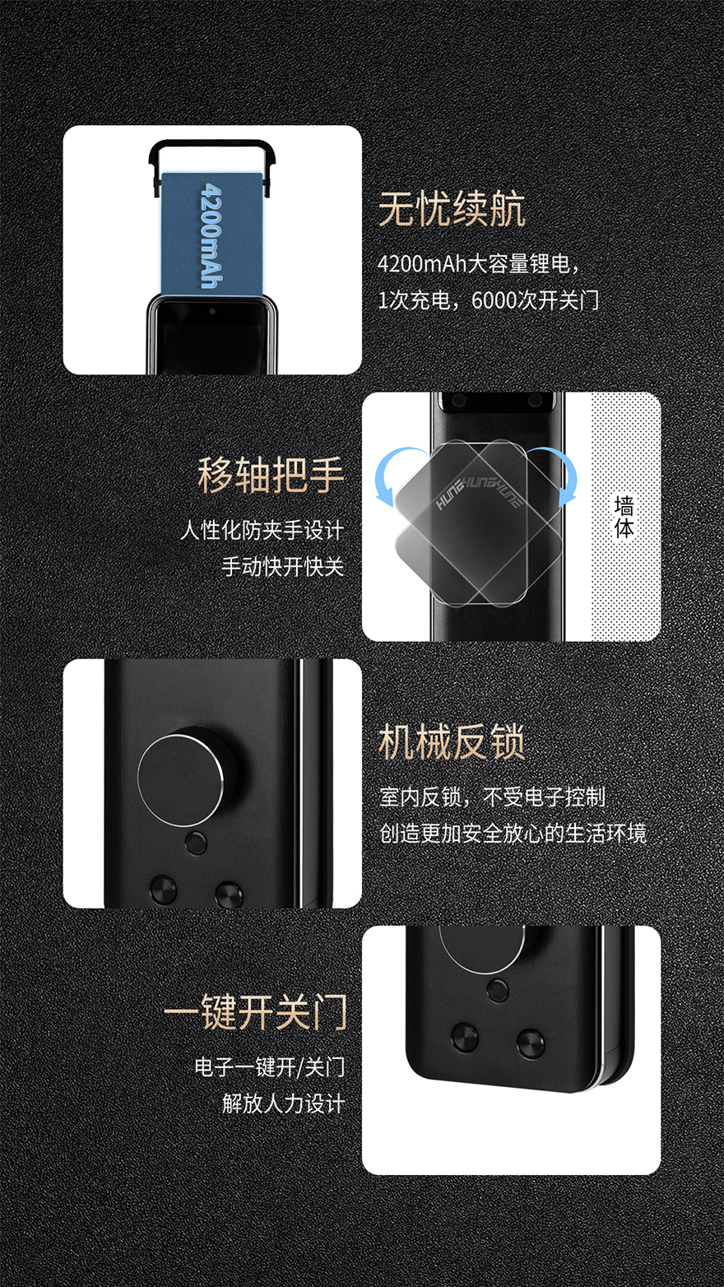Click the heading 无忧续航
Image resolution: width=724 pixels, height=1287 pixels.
click(x=452, y=209)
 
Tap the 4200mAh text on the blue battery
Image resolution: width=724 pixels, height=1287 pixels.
click(x=211, y=235)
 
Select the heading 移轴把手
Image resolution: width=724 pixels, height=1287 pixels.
click(x=271, y=475)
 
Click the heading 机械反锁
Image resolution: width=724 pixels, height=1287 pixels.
click(x=452, y=742)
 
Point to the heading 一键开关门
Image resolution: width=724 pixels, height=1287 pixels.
click(x=256, y=1012)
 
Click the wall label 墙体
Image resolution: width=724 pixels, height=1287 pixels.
click(x=624, y=517)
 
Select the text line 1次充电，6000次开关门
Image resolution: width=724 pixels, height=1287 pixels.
click(x=489, y=300)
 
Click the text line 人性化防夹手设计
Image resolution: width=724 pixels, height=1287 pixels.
click(x=262, y=530)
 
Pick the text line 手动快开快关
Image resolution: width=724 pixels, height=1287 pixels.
click(x=283, y=566)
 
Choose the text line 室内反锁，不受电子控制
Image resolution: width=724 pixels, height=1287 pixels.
click(x=493, y=797)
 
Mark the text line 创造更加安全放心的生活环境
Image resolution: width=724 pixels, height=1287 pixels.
click(x=513, y=833)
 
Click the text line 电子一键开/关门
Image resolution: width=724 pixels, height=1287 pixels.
click(x=270, y=1067)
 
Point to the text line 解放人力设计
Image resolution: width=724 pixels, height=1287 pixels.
click(x=284, y=1103)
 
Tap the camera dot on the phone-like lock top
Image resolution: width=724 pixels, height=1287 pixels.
click(x=212, y=311)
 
